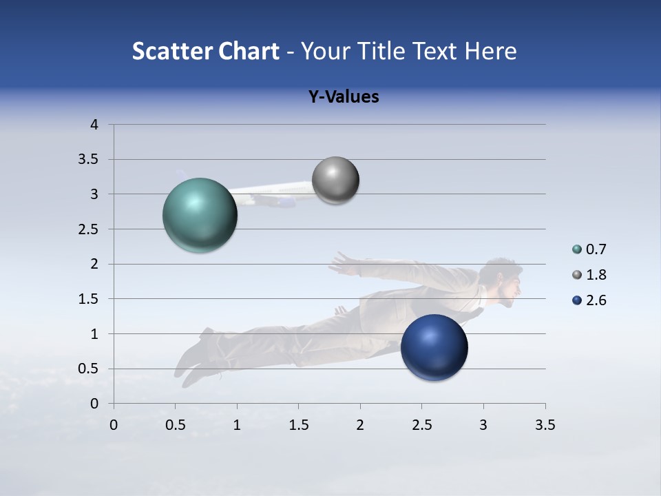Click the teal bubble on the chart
coord(200,215)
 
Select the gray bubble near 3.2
coord(335,180)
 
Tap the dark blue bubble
coord(434,347)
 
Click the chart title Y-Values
coord(343,97)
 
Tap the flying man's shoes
coord(193,358)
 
